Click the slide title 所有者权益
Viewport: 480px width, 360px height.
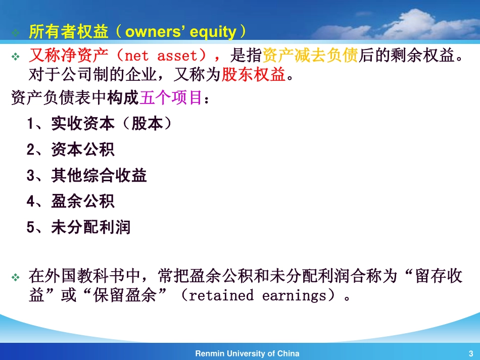pos(69,31)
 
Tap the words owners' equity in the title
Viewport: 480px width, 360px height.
pos(181,32)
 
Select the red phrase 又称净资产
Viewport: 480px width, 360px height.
pos(69,56)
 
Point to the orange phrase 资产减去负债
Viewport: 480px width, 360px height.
pos(310,56)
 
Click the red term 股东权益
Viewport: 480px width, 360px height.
pos(254,74)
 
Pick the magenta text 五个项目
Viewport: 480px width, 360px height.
pos(171,97)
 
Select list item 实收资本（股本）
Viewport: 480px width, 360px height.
pos(112,124)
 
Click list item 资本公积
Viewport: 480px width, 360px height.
pos(83,149)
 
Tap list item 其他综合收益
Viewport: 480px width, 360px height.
pos(99,175)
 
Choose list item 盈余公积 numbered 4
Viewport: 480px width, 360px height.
pos(83,201)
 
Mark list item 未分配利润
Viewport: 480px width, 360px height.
pos(91,227)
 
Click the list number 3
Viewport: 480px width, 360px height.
pos(31,176)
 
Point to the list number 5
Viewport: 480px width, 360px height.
pos(31,228)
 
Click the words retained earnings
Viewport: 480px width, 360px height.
pos(258,295)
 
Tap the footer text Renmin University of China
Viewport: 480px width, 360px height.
pos(248,353)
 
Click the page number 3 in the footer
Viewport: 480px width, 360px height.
pos(471,353)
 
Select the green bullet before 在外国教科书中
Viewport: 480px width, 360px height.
pos(15,277)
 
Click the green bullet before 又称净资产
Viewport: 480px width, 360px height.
pos(15,57)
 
